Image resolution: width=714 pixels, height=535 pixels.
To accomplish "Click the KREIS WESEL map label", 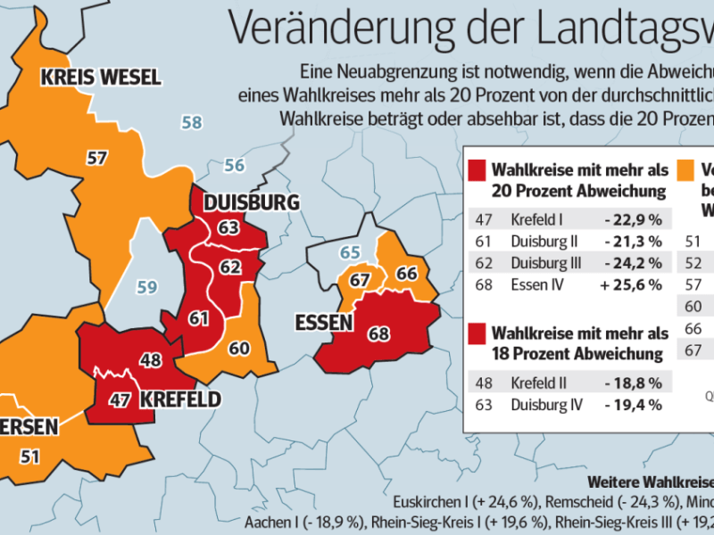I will coord(100,77).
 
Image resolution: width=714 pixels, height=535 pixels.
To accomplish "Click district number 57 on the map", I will coord(97,158).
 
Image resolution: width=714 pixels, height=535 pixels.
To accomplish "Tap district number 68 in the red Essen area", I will coord(378,334).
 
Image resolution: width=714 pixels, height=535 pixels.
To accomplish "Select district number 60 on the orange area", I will coord(240,349).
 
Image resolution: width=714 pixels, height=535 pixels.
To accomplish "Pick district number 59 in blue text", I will coord(146,287).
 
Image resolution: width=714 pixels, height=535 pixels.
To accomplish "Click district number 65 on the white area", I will coord(350,252).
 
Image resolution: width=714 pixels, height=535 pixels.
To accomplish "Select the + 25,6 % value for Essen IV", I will coord(636,284).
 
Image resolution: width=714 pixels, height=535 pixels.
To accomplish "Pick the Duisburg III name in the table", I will coord(544,263).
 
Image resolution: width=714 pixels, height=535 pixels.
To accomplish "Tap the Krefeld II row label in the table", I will coord(539,383).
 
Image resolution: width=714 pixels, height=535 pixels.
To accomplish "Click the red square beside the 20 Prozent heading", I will coord(477,169).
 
